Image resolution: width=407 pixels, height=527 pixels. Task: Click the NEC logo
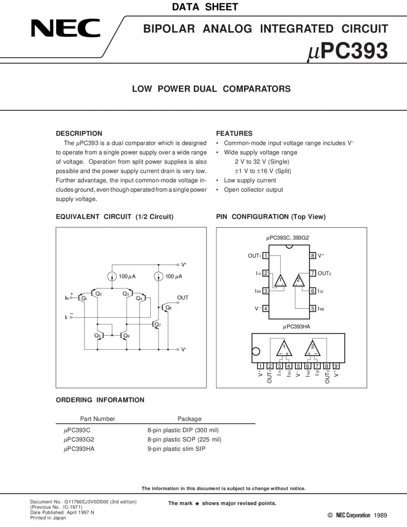point(66,28)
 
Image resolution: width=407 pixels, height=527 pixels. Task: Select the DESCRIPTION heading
point(79,133)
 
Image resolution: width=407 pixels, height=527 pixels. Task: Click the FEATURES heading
point(234,133)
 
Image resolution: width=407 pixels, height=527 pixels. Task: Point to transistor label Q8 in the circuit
point(168,308)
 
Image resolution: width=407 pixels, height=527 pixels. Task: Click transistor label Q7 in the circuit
point(158,324)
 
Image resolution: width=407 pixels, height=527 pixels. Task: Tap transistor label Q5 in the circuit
point(97,335)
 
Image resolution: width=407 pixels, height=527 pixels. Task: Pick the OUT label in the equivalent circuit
point(183,297)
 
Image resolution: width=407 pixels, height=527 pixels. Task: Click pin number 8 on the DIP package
point(313,256)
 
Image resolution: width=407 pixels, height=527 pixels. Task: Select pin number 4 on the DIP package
point(266,308)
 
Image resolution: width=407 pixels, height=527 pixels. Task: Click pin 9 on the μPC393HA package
point(336,366)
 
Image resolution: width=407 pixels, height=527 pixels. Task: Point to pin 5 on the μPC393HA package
point(298,366)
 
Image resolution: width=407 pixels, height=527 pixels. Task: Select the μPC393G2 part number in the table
point(79,439)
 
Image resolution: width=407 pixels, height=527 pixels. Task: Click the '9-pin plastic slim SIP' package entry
point(176,449)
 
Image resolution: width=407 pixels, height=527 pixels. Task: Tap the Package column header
point(189,419)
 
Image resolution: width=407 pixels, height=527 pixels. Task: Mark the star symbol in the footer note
point(197,504)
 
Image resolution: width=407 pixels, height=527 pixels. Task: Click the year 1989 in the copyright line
point(380,515)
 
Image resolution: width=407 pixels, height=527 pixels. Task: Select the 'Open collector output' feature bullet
point(253,190)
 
